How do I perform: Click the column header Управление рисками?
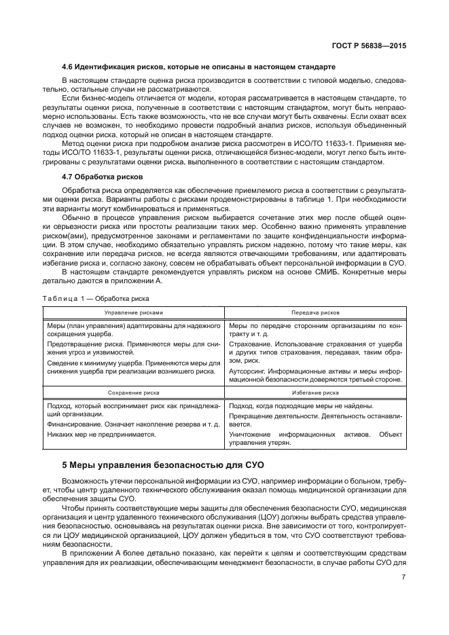(134, 312)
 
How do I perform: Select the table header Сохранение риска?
(134, 393)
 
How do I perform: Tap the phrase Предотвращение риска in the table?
(81, 344)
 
